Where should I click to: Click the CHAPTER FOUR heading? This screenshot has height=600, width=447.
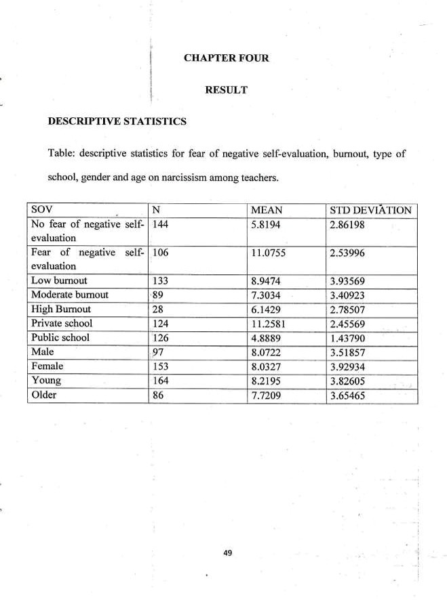[227, 58]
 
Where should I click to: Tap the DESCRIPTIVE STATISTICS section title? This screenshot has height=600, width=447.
[117, 122]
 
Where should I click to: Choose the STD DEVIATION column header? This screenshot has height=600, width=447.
[370, 210]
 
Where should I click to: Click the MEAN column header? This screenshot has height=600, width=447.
[267, 210]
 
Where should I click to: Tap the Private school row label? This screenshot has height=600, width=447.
[62, 324]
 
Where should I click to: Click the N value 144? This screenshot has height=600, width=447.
[160, 224]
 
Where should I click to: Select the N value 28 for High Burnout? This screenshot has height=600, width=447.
[158, 309]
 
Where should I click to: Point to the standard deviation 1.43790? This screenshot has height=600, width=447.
[349, 338]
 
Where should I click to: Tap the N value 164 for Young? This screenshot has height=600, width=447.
[160, 381]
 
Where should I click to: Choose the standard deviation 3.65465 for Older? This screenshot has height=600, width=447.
[349, 395]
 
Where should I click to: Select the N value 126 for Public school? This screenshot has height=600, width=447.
[160, 338]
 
